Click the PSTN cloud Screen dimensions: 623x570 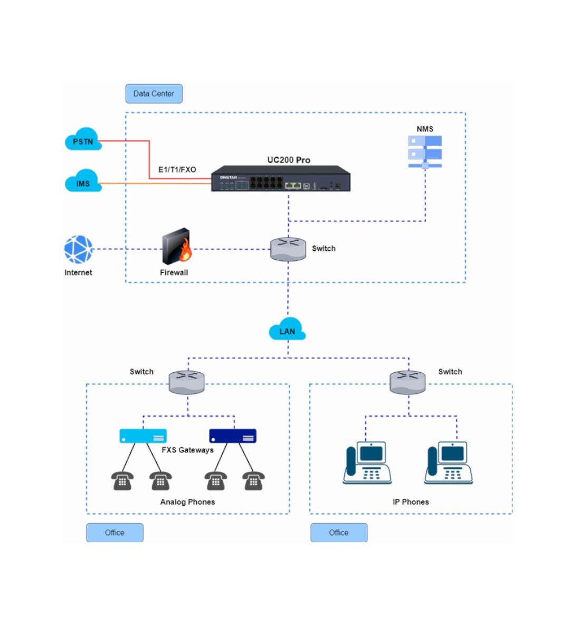coord(83,140)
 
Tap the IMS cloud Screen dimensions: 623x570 coord(83,182)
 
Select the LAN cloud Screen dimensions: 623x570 coord(287,329)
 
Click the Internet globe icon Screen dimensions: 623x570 coord(79,249)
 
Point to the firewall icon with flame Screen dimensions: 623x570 coord(176,247)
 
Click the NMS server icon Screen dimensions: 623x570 coord(425,152)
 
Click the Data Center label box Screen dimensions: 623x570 coord(154,93)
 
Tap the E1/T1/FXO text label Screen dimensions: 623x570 coord(177,169)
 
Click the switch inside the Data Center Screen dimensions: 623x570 coord(288,249)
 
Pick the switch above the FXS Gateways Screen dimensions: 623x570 coord(187,382)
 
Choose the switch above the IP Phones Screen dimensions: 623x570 coord(407,382)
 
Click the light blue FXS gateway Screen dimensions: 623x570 coord(143,436)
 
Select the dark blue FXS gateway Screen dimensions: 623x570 coord(233,436)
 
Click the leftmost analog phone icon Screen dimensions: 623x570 coord(122,481)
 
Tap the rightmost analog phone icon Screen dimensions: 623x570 coord(253,481)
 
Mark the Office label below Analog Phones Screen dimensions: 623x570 coord(115,533)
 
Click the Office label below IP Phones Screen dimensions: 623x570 coord(339,533)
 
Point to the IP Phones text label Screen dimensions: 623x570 coord(411,502)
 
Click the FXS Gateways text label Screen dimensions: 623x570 coord(187,450)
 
